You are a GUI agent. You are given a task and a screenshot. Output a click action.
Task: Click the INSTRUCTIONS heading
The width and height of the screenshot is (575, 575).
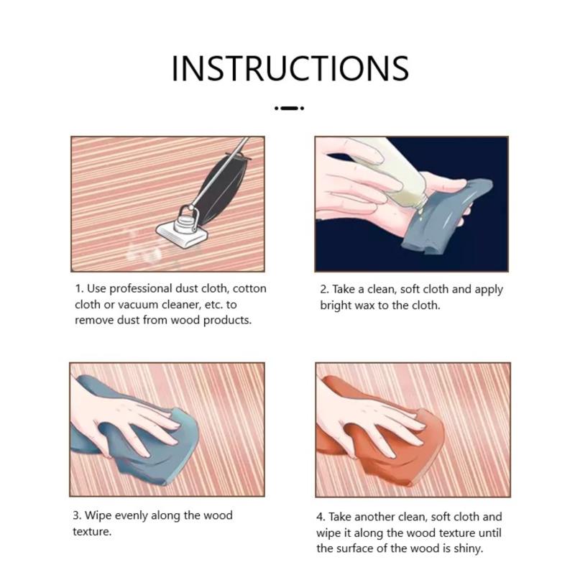290,68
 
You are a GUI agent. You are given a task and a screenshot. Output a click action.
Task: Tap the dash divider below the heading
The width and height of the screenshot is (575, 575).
290,109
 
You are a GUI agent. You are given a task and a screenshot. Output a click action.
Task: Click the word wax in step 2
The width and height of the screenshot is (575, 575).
363,305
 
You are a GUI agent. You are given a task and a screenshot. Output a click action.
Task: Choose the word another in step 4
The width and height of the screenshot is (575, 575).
374,517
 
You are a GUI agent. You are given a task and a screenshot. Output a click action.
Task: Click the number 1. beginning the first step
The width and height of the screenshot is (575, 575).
80,289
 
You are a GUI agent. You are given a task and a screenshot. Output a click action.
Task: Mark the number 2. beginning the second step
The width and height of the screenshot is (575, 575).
324,290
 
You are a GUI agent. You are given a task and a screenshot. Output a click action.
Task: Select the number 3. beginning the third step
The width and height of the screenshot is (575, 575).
77,515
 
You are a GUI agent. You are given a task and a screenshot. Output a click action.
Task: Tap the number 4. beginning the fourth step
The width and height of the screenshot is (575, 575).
321,517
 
